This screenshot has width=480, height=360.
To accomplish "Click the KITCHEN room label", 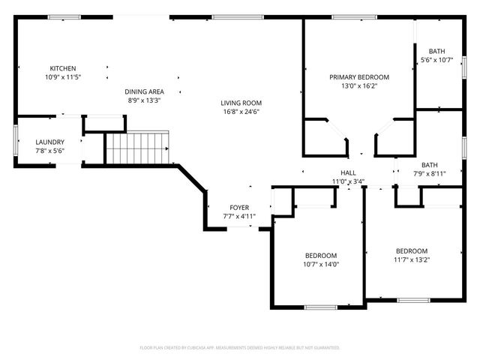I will (63, 68).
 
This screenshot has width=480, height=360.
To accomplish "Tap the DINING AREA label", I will (143, 91).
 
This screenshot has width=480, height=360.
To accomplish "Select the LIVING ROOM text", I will (240, 103).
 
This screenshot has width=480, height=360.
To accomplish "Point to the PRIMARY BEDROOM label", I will (359, 77).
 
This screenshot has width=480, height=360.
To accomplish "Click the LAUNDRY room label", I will (50, 142).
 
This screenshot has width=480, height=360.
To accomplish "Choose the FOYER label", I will (239, 208).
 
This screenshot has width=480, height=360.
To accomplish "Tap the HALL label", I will (348, 172).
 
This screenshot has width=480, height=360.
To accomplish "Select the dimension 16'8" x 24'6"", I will (240, 112).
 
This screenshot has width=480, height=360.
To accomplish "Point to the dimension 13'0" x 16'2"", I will (359, 85).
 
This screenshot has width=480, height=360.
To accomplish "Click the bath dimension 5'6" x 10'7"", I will (437, 60).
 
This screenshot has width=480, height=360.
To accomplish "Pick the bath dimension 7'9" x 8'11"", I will (429, 173).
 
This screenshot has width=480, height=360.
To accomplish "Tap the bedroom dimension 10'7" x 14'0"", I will (321, 263).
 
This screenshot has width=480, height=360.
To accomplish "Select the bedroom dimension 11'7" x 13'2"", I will (412, 259).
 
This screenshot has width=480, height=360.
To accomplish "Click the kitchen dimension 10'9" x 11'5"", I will (63, 76).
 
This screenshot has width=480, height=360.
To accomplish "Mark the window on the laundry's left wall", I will (16, 141).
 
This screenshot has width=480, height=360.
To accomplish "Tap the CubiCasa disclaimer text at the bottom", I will (240, 348).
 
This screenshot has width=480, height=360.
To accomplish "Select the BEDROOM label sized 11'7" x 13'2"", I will (412, 251).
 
